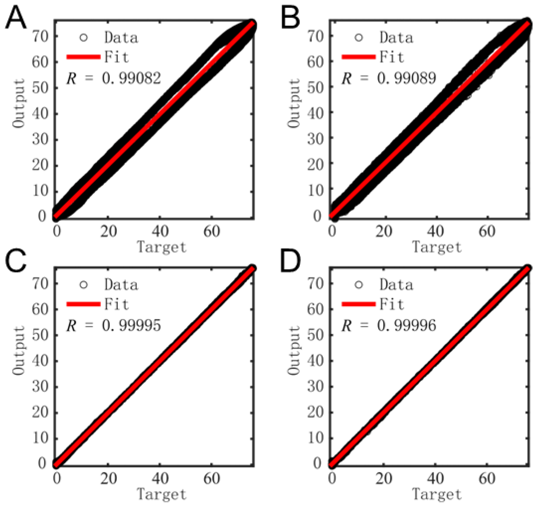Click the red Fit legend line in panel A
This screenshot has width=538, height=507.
coord(83,57)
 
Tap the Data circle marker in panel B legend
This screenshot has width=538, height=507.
coord(359,37)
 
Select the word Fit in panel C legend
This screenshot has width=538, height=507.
coord(116,304)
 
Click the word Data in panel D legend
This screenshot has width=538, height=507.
coord(396,285)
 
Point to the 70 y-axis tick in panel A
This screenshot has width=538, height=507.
coord(40,36)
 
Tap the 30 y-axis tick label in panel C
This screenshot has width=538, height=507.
coord(40,387)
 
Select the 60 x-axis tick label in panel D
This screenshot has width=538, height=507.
coord(487,479)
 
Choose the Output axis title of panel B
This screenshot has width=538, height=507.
coord(294,103)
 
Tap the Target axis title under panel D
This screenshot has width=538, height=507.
coord(437,495)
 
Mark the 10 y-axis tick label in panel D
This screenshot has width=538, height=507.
coord(316,438)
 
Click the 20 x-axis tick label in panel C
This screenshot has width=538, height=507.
coord(109,479)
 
